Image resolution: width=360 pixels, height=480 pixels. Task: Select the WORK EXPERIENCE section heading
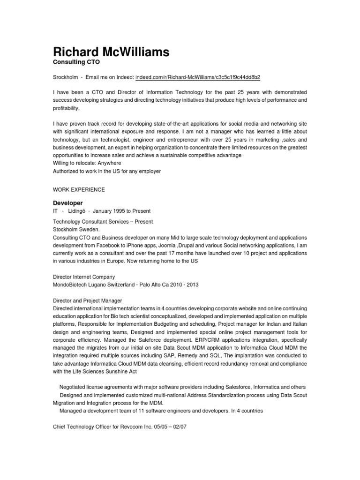(78, 189)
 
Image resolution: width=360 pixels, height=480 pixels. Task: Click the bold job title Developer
(67, 203)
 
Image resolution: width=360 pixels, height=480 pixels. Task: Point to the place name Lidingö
(78, 211)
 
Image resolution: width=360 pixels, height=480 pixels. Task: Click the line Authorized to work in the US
(106, 171)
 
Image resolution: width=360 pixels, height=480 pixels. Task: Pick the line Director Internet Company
(83, 277)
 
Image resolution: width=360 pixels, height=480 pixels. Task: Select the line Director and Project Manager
(87, 301)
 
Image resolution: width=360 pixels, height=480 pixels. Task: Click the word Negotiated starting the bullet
(73, 387)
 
